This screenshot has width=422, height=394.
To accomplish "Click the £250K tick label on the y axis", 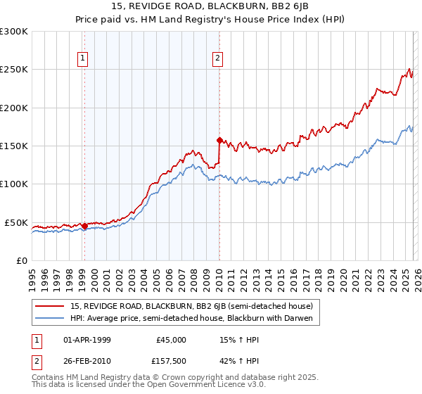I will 14,70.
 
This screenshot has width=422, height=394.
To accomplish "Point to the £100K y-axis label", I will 14,184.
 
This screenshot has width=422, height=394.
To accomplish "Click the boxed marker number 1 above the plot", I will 84,58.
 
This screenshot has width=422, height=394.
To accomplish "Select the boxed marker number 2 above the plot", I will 218,58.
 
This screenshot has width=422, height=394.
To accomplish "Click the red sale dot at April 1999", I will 84,227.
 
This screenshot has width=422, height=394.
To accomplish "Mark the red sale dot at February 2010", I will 219,140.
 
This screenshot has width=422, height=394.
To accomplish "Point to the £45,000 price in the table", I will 172,339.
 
